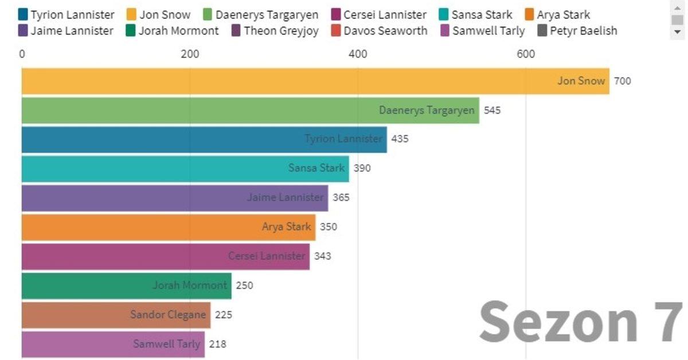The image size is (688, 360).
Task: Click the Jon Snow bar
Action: [x=315, y=81]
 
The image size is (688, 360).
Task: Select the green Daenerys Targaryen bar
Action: [x=250, y=110]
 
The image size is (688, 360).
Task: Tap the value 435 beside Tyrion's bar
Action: [x=400, y=139]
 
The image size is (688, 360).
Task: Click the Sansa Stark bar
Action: [x=185, y=169]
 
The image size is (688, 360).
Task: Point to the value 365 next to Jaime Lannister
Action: [x=340, y=198]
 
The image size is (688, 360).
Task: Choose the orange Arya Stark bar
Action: [x=169, y=227]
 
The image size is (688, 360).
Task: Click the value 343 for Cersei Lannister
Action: [x=322, y=256]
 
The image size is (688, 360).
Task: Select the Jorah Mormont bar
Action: [x=126, y=285]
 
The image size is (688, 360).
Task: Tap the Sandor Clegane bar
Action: [x=116, y=315]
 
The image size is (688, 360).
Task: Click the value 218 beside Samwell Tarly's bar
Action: [x=217, y=345]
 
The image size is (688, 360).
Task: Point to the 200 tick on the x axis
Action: [x=190, y=54]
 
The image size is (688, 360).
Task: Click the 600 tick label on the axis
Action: [x=526, y=54]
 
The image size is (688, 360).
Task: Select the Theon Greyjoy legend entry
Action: [x=275, y=31]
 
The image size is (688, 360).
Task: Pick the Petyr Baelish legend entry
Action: [x=577, y=31]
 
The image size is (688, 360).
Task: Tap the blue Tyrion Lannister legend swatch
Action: [x=23, y=15]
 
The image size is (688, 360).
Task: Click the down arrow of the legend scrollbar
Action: [x=678, y=32]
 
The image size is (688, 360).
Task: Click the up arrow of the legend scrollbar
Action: [x=678, y=5]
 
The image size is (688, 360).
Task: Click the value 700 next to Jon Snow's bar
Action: [x=622, y=81]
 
